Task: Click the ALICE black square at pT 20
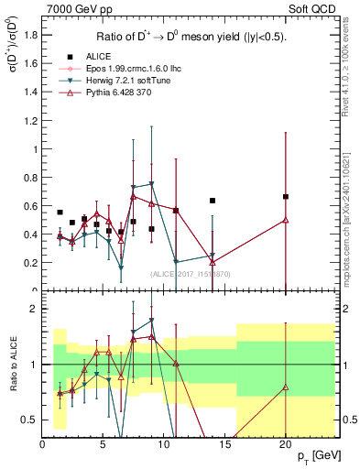point(286,197)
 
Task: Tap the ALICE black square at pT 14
point(213,201)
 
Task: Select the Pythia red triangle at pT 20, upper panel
point(286,219)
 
